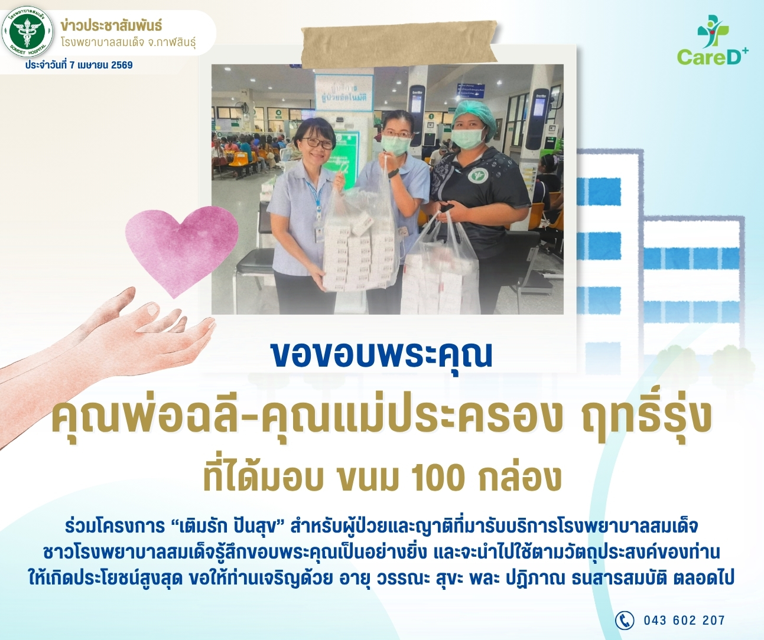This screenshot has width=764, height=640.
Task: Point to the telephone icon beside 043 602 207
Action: (624, 621)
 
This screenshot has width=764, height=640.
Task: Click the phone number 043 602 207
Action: (684, 621)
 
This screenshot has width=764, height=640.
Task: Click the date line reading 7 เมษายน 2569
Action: (79, 65)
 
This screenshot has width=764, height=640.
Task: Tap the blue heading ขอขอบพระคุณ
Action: (382, 355)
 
